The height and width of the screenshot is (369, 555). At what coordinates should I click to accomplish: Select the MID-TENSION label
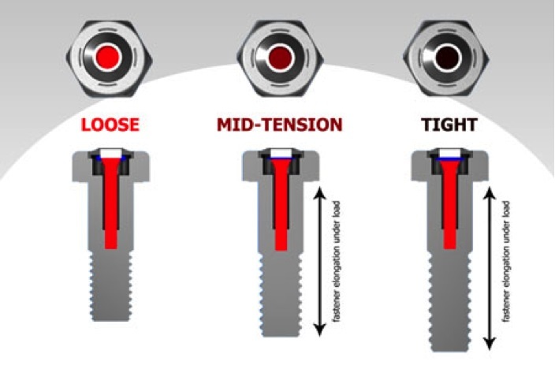click(x=280, y=125)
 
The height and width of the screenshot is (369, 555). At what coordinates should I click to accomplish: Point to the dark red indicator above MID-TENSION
click(x=279, y=57)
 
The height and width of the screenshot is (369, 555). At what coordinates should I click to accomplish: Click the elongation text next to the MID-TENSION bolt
click(x=334, y=260)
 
